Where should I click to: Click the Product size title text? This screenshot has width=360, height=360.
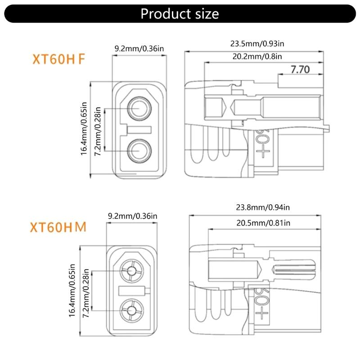(x=180, y=13)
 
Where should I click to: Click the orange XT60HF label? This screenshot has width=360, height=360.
(x=58, y=60)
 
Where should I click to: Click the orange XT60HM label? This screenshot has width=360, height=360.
(x=58, y=227)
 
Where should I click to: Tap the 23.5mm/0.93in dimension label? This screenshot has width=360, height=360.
(x=257, y=44)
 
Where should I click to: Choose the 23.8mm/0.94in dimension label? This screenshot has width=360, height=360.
(x=263, y=207)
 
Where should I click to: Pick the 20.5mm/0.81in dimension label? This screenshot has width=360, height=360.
(x=263, y=223)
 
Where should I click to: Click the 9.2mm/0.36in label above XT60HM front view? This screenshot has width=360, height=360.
(x=132, y=216)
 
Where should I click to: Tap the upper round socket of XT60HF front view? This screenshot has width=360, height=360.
(x=139, y=108)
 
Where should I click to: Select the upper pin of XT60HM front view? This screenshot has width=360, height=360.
(x=132, y=271)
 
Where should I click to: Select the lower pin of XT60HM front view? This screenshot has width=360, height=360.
(x=132, y=310)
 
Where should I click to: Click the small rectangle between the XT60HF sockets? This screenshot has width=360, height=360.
(x=139, y=130)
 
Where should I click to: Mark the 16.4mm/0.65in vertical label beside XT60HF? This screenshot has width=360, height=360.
(x=84, y=130)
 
